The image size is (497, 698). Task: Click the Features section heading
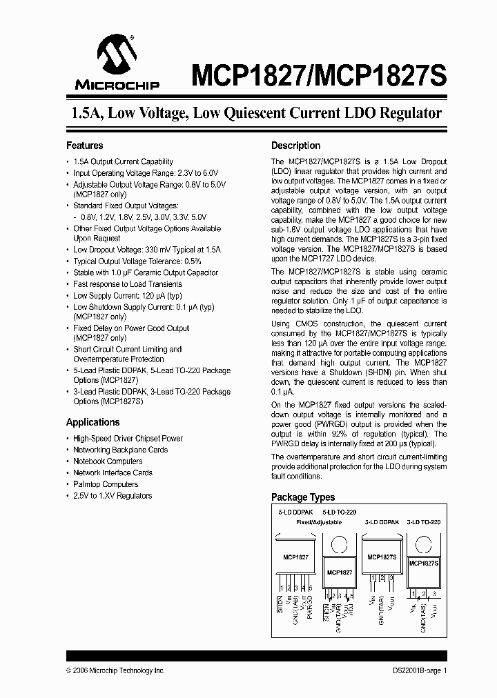click(84, 146)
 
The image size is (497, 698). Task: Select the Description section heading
click(295, 146)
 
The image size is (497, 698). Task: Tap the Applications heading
click(92, 422)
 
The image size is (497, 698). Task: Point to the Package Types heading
click(303, 497)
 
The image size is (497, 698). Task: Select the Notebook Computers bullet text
click(108, 461)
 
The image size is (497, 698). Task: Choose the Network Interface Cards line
click(113, 473)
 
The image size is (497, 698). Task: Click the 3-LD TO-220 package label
click(423, 522)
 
